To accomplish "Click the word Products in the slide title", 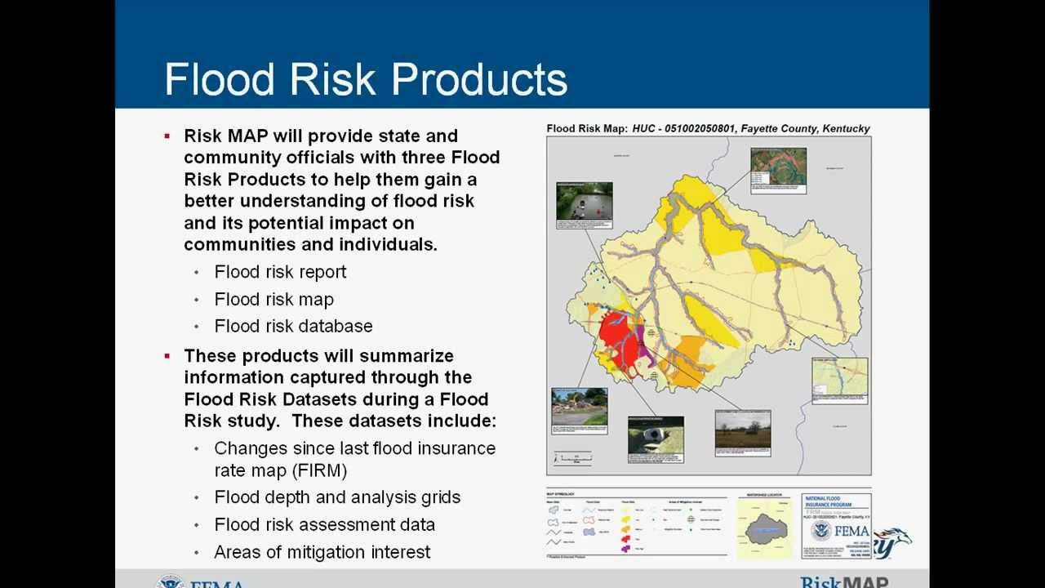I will click(x=479, y=79).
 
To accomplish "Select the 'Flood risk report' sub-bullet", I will click(x=280, y=272).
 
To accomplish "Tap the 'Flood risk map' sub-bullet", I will click(x=273, y=299).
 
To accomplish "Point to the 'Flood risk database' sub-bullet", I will click(x=293, y=326).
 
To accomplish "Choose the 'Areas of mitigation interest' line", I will click(x=322, y=552).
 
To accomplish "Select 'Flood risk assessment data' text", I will click(x=324, y=524).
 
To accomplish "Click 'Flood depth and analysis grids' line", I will click(x=337, y=497).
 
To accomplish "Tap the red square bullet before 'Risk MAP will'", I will click(x=167, y=136).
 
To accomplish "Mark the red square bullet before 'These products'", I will click(x=167, y=356).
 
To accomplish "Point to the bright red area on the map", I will click(x=618, y=336).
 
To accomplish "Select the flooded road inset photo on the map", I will click(x=584, y=201).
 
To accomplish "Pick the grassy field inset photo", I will click(x=742, y=428).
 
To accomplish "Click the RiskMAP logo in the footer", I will click(x=844, y=581).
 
